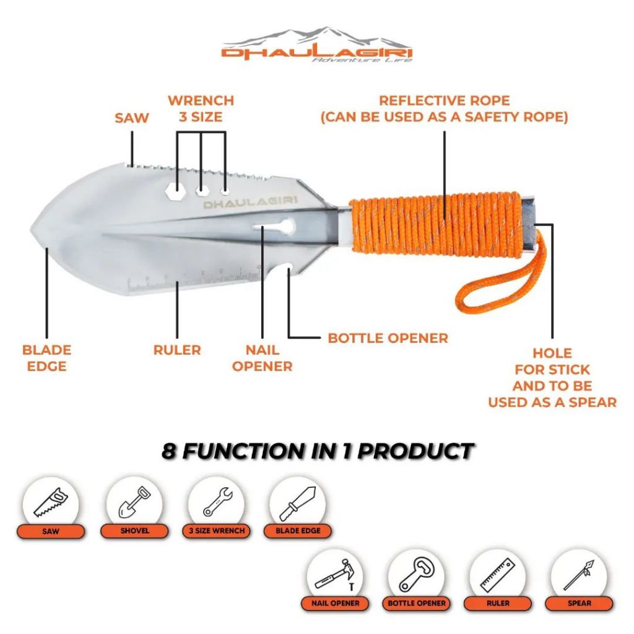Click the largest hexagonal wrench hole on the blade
(x=176, y=189)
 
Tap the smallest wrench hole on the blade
(x=225, y=191)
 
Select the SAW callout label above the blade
(x=132, y=118)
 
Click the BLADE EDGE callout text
(x=46, y=358)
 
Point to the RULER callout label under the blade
(x=177, y=350)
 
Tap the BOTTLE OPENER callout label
(x=388, y=338)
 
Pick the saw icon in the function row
(x=51, y=502)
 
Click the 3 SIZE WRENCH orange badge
(x=217, y=531)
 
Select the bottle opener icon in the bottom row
(x=416, y=575)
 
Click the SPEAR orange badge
(x=579, y=603)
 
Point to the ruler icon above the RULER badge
(x=498, y=575)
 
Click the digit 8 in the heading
(x=168, y=451)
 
